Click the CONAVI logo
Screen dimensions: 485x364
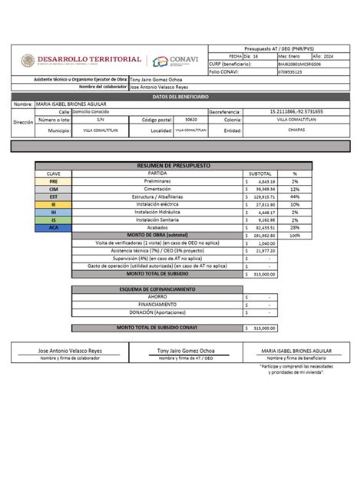click(178, 62)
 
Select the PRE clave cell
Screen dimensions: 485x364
click(53, 180)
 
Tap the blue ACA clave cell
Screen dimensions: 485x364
click(53, 228)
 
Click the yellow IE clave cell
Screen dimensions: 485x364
click(53, 204)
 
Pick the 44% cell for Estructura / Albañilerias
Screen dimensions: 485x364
click(294, 196)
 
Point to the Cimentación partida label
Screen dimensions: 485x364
click(157, 189)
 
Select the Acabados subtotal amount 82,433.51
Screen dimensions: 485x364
click(260, 228)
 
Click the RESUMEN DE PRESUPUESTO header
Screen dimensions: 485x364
click(173, 165)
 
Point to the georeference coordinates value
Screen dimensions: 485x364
click(296, 111)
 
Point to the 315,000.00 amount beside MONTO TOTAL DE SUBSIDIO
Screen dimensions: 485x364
click(260, 272)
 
